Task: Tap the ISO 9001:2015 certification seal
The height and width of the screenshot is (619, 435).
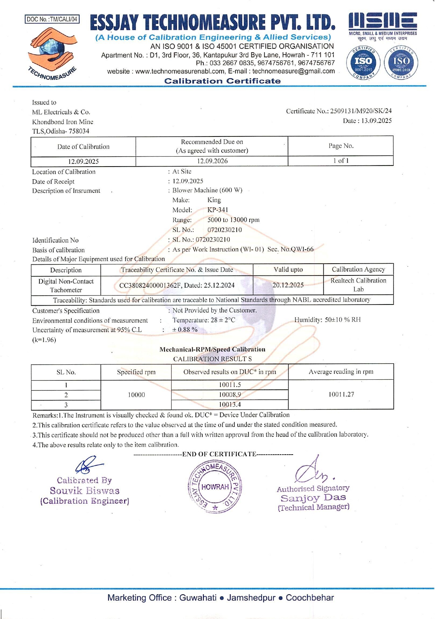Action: point(363,62)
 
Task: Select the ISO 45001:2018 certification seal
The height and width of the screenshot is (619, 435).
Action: point(401,62)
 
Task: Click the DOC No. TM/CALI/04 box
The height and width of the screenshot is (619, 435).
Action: point(52,19)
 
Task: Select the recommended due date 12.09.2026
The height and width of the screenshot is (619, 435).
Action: point(212,161)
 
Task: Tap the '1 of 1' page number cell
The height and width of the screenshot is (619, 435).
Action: point(340,161)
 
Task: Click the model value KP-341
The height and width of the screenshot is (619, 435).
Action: point(218,210)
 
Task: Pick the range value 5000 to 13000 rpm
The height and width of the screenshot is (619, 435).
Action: point(233,220)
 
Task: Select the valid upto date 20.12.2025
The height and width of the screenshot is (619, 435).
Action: point(288,285)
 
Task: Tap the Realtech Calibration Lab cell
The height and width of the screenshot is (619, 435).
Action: point(358,285)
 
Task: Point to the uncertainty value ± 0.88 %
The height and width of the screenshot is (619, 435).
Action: point(185,330)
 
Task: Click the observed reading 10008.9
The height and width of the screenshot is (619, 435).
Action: point(229,395)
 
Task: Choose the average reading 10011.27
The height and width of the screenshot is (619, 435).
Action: point(341,394)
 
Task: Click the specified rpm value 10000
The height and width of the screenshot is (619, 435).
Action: point(136,395)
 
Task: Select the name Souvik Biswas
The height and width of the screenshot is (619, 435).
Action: point(84,491)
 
